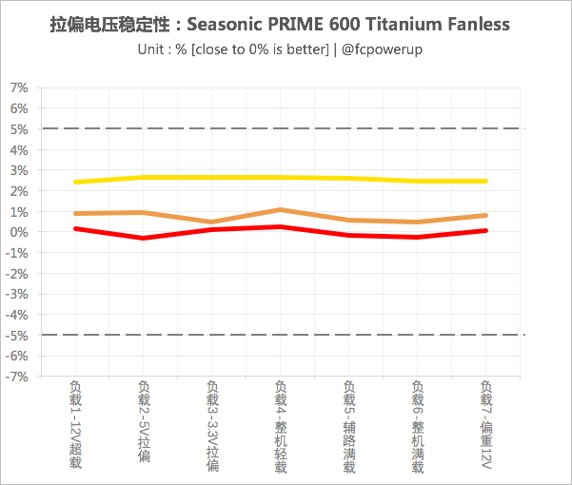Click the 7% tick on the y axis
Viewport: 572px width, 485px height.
coord(19,87)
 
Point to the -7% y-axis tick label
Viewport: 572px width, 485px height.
coord(17,377)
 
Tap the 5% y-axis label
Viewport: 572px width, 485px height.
coord(19,128)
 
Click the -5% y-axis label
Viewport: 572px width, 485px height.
coord(17,335)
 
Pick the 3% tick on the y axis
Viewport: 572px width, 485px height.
coord(19,170)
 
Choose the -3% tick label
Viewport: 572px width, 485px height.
coord(17,294)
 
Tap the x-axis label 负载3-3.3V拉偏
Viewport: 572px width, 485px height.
coord(212,426)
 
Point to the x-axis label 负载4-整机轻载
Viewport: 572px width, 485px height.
coord(281,426)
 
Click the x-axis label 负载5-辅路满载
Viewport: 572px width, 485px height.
coord(349,426)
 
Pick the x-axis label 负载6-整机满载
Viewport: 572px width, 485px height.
coord(418,426)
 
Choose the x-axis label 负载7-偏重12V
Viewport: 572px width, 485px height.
coord(486,424)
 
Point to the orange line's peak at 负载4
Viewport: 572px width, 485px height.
coord(281,209)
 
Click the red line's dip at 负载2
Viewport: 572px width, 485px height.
coord(144,238)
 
